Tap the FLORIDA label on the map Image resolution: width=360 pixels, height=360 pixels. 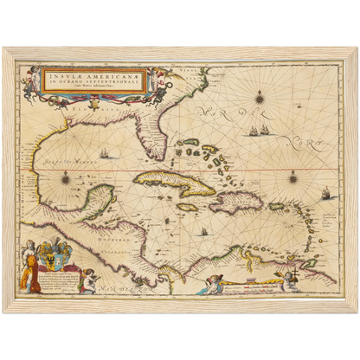pos(111,112)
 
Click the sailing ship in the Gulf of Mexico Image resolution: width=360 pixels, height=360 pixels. pos(104,156)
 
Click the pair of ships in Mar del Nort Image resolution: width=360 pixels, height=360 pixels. pos(257,131)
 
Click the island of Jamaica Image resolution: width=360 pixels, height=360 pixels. pos(188,208)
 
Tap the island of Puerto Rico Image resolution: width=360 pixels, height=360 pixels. pos(278,206)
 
